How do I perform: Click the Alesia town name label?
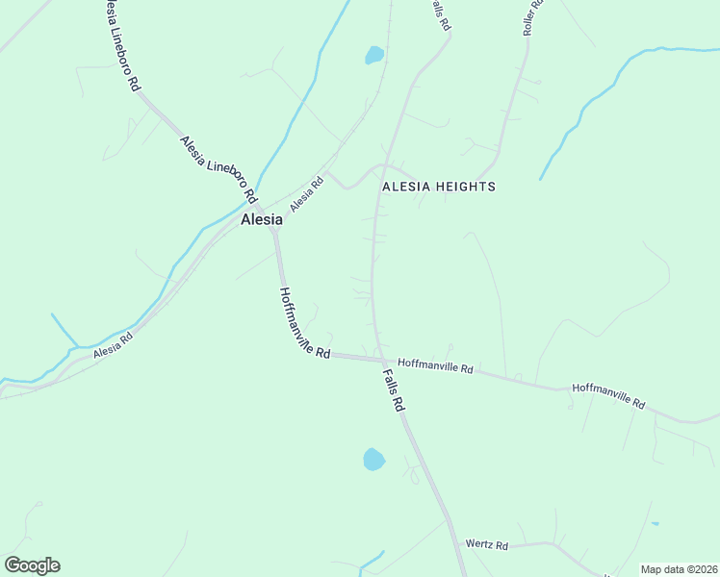pos(261,219)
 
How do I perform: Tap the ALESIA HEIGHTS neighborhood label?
pos(439,187)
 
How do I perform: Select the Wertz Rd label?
pos(486,545)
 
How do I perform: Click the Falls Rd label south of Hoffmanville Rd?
pos(393,390)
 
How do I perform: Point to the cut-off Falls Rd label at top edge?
pos(440,13)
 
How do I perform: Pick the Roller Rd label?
pos(533,18)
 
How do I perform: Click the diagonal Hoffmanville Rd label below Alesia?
pos(304,323)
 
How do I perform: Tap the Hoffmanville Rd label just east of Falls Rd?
pos(436,367)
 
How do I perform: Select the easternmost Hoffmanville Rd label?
pos(608,395)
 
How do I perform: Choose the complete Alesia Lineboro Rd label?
pos(218,168)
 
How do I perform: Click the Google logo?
pos(32,565)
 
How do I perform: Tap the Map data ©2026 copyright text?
pos(678,569)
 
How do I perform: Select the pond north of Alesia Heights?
pos(374,55)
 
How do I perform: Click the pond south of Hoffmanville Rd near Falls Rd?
pos(373,459)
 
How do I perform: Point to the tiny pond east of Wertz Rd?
pos(655,524)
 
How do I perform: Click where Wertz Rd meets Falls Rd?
pos(453,545)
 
